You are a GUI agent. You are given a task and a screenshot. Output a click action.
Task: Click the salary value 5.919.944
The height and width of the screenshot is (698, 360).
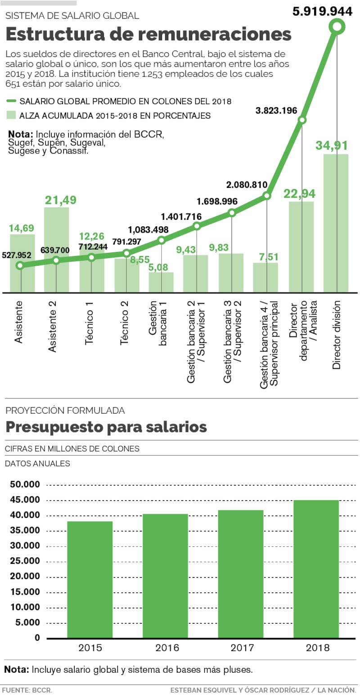point(322,11)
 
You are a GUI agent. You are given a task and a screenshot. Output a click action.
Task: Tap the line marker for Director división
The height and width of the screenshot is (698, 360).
point(337,27)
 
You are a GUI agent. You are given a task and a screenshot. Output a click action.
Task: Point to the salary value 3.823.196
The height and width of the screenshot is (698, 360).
point(276,110)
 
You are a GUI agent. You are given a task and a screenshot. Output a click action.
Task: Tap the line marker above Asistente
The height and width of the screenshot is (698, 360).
point(20,265)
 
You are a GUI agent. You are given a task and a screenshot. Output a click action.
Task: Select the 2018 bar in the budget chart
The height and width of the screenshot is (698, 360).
point(316,568)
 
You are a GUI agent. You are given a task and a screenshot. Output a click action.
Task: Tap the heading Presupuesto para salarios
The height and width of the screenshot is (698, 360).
point(106,427)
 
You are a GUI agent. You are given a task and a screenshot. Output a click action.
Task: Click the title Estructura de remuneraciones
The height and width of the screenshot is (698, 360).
point(148,35)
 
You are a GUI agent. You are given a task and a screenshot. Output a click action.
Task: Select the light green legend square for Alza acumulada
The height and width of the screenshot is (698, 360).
point(11,115)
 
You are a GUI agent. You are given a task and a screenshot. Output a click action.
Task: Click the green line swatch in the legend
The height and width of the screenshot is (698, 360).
point(11,101)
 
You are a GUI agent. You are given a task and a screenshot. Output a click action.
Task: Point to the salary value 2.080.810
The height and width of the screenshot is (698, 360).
point(247,185)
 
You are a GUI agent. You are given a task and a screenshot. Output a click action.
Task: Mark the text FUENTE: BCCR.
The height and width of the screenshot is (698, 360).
point(27,689)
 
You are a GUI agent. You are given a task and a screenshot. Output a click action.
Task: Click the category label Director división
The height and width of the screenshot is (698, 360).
point(337,335)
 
